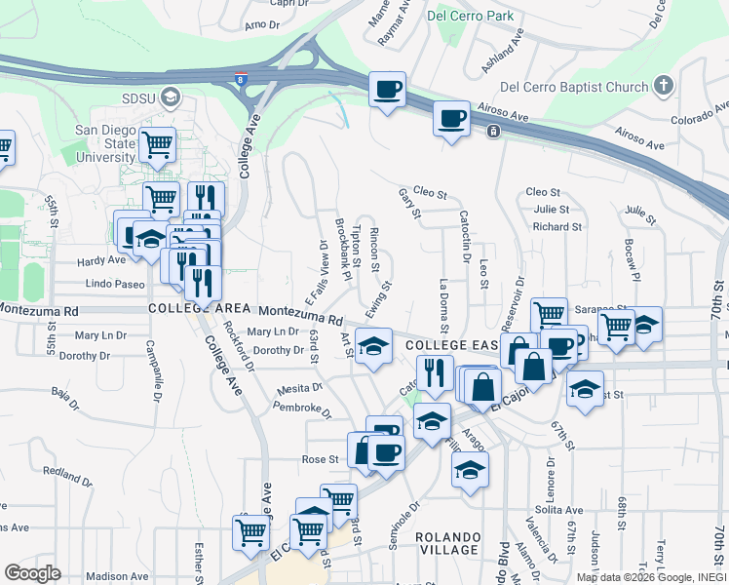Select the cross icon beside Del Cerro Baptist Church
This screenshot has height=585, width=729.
[665, 86]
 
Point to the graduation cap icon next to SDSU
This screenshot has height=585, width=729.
[172, 97]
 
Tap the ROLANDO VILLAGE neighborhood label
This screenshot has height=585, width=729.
[448, 544]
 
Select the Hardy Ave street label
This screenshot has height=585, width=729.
[102, 261]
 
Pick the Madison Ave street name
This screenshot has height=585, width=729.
[123, 576]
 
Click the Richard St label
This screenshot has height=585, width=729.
[557, 227]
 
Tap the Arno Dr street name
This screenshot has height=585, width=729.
[262, 24]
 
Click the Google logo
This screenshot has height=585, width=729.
[32, 573]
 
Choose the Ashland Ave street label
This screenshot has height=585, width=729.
[502, 51]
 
